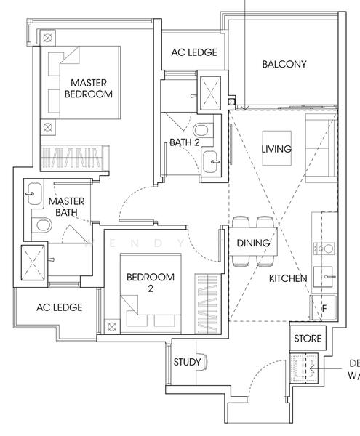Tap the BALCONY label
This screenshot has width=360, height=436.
[284, 64]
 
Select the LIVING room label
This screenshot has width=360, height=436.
[276, 149]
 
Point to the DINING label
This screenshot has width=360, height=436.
[253, 243]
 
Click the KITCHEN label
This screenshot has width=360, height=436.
[288, 278]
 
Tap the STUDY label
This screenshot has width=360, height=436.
[187, 362]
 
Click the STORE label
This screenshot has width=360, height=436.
[306, 339]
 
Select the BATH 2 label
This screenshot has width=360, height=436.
[185, 142]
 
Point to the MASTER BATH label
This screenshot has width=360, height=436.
[66, 207]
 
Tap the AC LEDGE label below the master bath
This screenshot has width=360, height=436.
[59, 307]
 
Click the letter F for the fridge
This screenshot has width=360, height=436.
[324, 307]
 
